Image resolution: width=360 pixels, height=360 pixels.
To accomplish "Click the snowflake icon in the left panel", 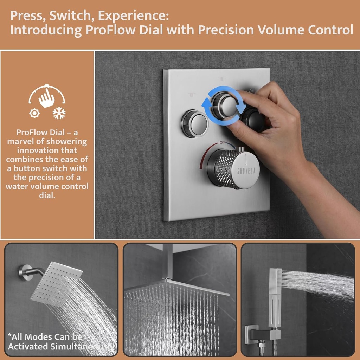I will click(x=59, y=113).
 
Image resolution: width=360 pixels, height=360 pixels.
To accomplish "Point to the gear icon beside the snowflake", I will click(x=34, y=113).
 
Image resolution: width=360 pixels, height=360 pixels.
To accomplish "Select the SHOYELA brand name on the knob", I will click(x=246, y=171).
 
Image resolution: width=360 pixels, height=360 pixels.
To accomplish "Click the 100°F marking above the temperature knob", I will click(x=222, y=143).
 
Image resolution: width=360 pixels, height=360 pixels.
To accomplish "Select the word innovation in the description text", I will click(x=47, y=150).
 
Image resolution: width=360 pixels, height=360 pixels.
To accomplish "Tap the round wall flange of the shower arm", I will click(x=26, y=272).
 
